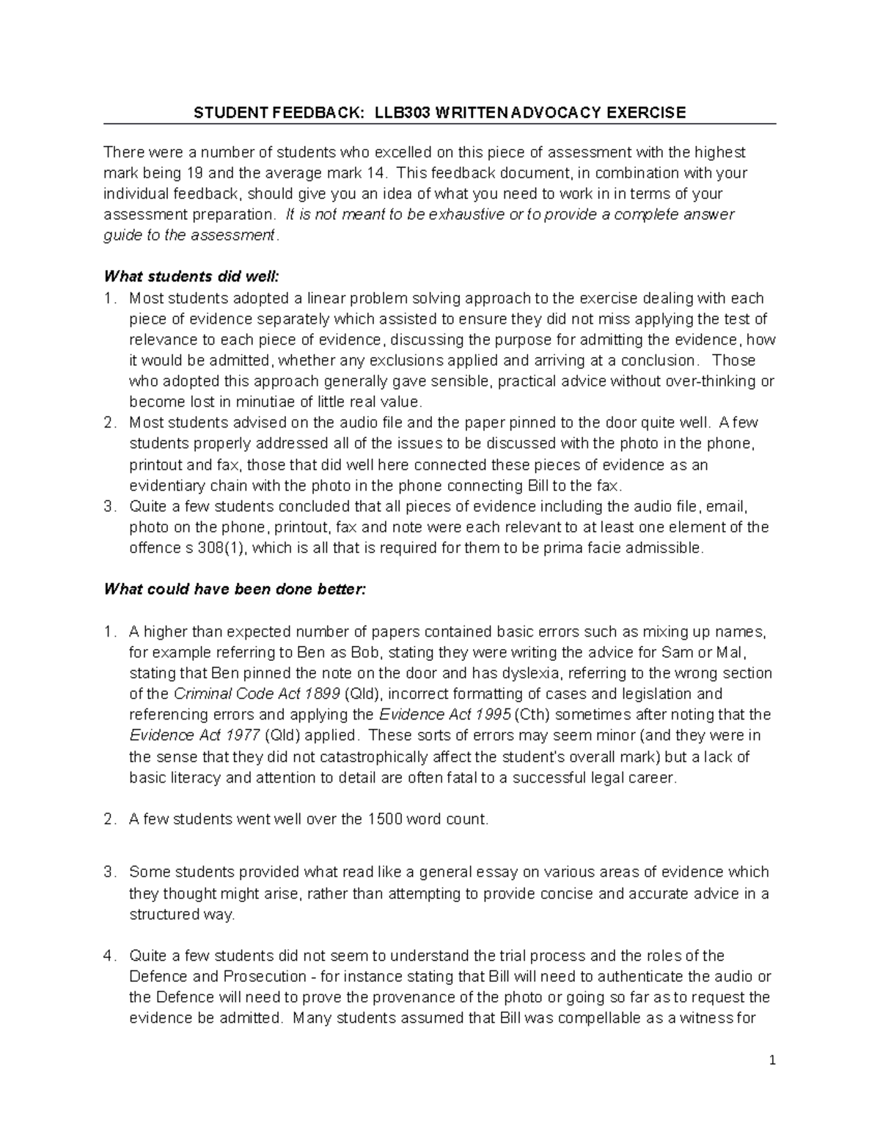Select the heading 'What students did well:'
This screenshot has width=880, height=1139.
[x=191, y=276]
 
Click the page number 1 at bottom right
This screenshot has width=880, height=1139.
[x=772, y=1061]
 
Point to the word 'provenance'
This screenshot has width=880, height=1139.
[x=428, y=997]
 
